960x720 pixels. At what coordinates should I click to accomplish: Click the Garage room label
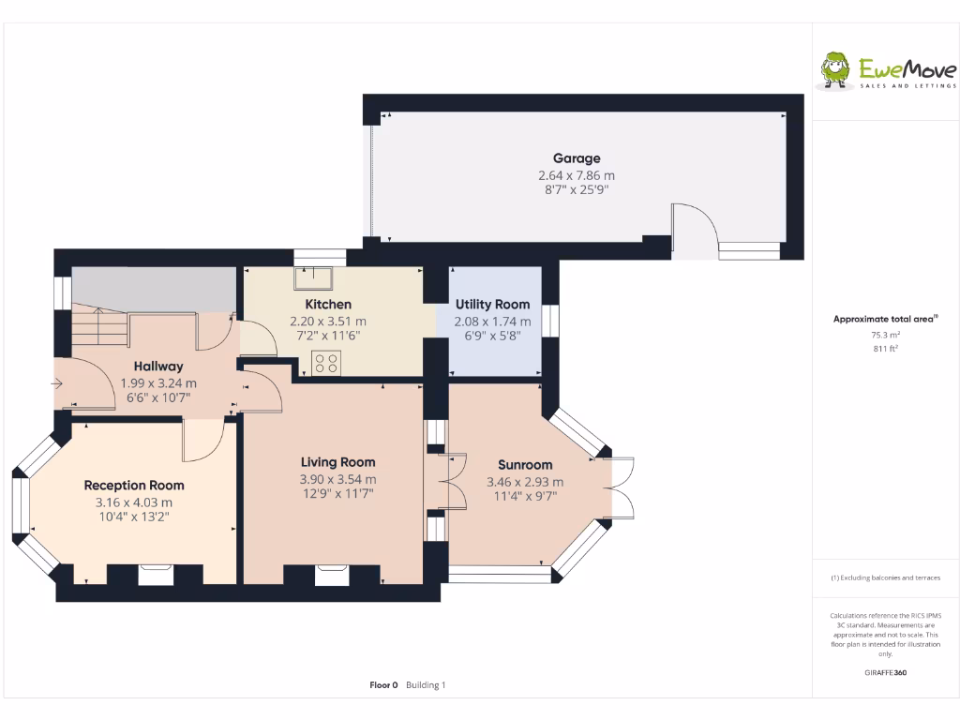coord(576,158)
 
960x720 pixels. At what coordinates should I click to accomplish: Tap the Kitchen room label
coord(328,304)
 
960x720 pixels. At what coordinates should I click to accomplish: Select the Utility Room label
coord(492,304)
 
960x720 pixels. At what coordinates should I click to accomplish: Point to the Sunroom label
coord(524,464)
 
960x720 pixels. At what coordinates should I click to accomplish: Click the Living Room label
coord(337,461)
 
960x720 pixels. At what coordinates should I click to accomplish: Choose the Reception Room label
coord(134,485)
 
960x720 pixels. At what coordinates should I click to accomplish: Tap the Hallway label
coord(157,366)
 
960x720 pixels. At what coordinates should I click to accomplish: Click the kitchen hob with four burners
coord(326,362)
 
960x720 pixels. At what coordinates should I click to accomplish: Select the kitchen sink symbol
coord(311,278)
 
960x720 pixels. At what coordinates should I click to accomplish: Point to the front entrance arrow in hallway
coord(58,382)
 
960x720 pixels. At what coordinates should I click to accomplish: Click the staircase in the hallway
coord(99,330)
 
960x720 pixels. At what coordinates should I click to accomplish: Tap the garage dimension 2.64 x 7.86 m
coord(576,175)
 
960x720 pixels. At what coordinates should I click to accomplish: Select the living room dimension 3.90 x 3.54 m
coord(337,479)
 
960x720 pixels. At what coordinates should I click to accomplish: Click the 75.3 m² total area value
coord(885,335)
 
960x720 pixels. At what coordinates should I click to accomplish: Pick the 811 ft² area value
coord(885,349)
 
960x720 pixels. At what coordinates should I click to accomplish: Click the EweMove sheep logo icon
coord(834,68)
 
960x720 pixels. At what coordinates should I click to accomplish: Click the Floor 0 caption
coord(383,685)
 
